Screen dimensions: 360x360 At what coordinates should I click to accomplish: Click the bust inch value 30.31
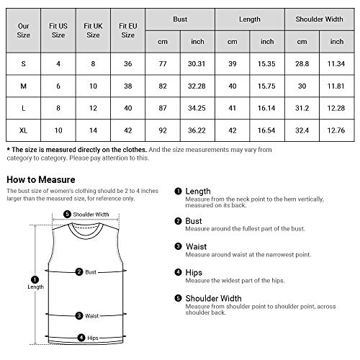[197, 64]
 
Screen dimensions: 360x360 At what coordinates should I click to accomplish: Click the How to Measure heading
[40, 179]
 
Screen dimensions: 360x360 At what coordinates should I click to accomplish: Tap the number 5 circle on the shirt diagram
[67, 214]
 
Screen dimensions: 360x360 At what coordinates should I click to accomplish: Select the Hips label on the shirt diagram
[90, 337]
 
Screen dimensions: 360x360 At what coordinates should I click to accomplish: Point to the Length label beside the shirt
[17, 286]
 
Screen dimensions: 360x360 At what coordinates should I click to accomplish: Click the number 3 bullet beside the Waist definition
[178, 246]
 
